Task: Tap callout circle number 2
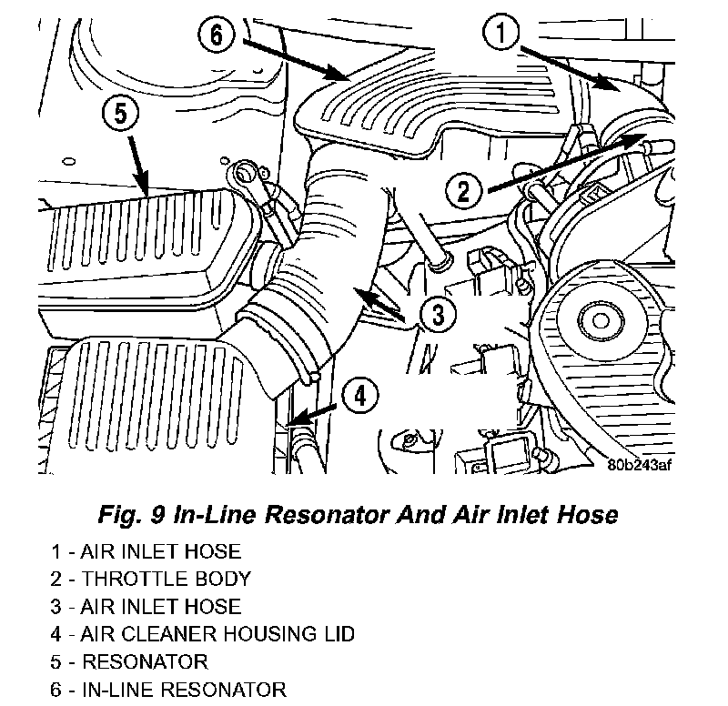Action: click(x=463, y=190)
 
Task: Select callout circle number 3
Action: click(x=438, y=316)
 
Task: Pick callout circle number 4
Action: click(x=360, y=396)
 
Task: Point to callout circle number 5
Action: click(x=121, y=115)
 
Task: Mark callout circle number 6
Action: click(x=216, y=36)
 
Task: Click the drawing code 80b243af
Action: click(x=640, y=463)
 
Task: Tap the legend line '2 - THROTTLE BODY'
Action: click(x=150, y=579)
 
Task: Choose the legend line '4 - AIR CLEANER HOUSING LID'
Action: click(x=202, y=633)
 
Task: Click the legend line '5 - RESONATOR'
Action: click(x=129, y=661)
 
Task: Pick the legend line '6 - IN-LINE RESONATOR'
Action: click(x=168, y=688)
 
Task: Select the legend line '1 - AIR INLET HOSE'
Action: click(x=146, y=551)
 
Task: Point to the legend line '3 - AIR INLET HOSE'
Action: click(x=146, y=606)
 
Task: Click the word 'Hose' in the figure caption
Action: click(x=588, y=515)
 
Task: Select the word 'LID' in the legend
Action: click(x=336, y=633)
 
